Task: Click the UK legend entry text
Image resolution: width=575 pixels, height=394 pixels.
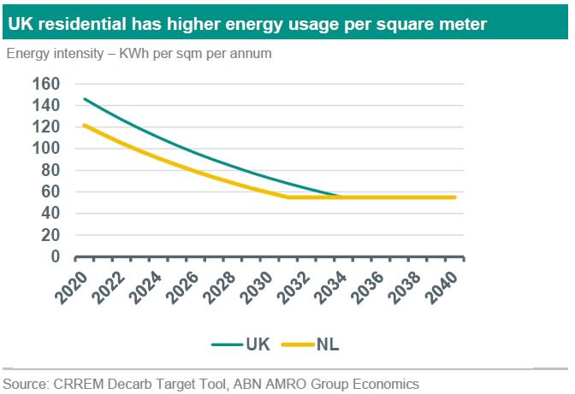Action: click(x=258, y=344)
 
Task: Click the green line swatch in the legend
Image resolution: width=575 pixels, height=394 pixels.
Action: click(x=227, y=344)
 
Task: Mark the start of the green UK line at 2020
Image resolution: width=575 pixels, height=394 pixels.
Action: click(x=84, y=98)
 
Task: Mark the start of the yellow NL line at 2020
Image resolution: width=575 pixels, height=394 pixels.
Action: click(x=84, y=125)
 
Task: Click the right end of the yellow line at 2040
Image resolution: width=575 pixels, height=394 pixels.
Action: click(x=454, y=197)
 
